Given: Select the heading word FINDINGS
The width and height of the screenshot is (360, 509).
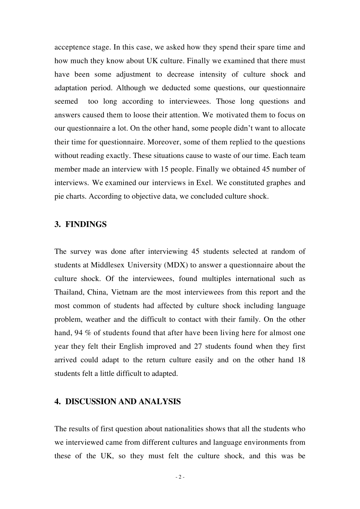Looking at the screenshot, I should [86, 224].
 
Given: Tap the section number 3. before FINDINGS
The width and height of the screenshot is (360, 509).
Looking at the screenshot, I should [58, 224].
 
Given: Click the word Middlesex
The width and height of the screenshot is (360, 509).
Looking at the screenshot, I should [107, 265].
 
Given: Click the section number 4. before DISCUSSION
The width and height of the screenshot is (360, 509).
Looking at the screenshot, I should [58, 401].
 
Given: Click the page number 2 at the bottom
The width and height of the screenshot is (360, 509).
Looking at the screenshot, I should [180, 477].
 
